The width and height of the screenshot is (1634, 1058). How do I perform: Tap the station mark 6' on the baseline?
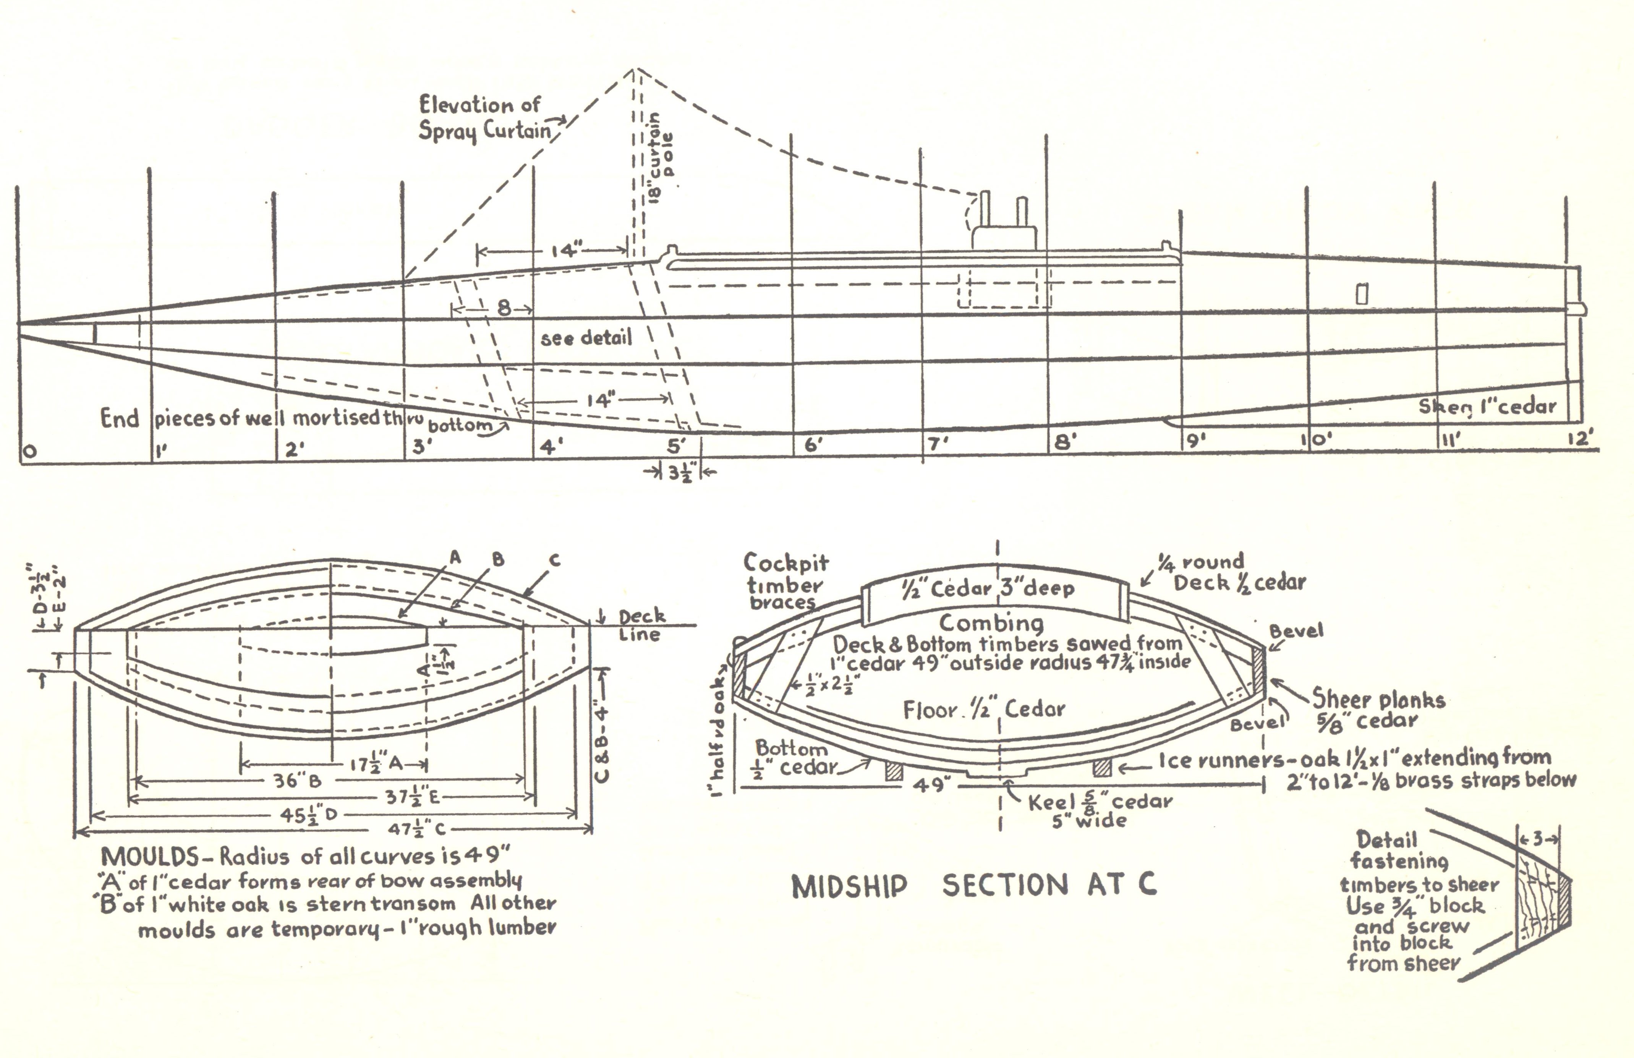[813, 445]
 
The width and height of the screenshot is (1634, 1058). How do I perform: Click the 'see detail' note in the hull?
[586, 338]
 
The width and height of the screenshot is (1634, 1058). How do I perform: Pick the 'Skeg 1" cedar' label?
[1487, 407]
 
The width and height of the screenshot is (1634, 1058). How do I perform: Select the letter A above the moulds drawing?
[455, 558]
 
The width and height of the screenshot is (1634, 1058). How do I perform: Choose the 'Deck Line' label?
[641, 625]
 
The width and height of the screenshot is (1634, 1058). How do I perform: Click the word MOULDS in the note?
[150, 857]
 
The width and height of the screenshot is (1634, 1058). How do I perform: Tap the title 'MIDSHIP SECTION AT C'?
[973, 886]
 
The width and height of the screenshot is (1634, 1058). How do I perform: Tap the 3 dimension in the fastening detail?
[1538, 838]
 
